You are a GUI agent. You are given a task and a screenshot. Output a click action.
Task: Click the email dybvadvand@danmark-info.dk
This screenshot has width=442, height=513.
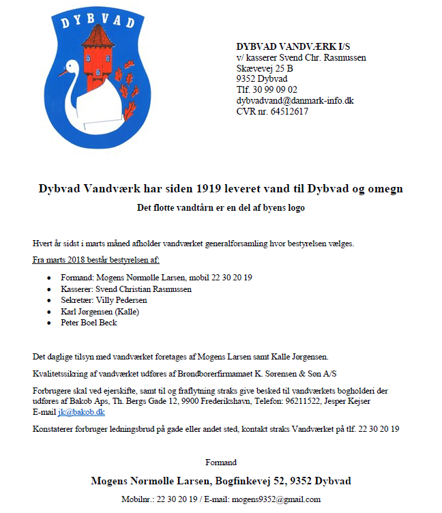pyautogui.click(x=295, y=100)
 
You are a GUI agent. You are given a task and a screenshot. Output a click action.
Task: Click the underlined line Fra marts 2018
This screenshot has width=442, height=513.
pyautogui.click(x=96, y=260)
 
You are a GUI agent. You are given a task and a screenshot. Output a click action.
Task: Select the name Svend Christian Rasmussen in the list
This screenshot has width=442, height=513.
pyautogui.click(x=147, y=289)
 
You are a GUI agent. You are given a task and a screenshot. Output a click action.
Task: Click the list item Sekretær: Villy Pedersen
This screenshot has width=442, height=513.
pyautogui.click(x=104, y=300)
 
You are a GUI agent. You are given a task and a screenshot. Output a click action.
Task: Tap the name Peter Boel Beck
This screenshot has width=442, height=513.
pyautogui.click(x=89, y=323)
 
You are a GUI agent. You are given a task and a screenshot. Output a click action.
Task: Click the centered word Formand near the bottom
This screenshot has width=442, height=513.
pyautogui.click(x=221, y=463)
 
